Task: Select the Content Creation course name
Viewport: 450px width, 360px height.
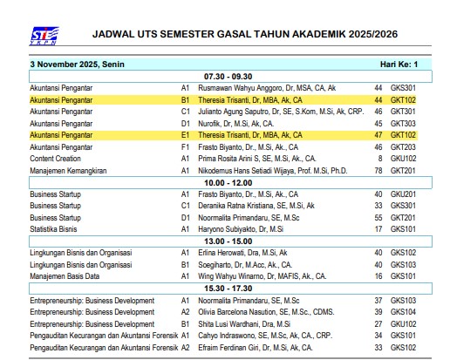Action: pos(56,159)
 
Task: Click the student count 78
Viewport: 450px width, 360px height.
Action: pos(378,171)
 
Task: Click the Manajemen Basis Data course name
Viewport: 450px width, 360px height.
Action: pos(65,276)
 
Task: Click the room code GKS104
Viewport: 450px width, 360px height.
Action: pos(403,312)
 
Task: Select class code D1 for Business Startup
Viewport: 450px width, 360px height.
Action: pos(185,218)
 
